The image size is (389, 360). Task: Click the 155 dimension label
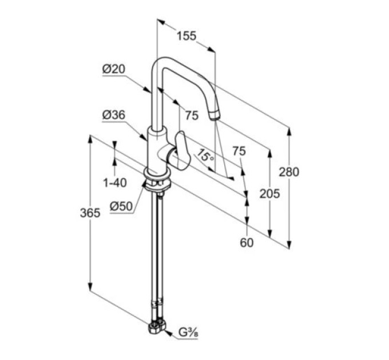tap(186, 36)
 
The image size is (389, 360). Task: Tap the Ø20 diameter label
tap(114, 69)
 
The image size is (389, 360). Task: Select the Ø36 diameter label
tap(114, 115)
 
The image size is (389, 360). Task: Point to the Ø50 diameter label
tap(121, 206)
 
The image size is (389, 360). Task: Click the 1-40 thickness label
tap(115, 183)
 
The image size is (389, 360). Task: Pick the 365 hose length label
tap(90, 213)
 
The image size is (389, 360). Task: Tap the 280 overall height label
tap(289, 172)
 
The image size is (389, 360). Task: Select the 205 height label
tap(269, 194)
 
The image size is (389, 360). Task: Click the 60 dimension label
tap(247, 242)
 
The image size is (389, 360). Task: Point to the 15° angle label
tap(205, 156)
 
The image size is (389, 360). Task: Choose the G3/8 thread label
tap(188, 333)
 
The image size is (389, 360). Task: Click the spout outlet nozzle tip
tap(215, 115)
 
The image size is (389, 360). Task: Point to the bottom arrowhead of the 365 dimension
tap(90, 287)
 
